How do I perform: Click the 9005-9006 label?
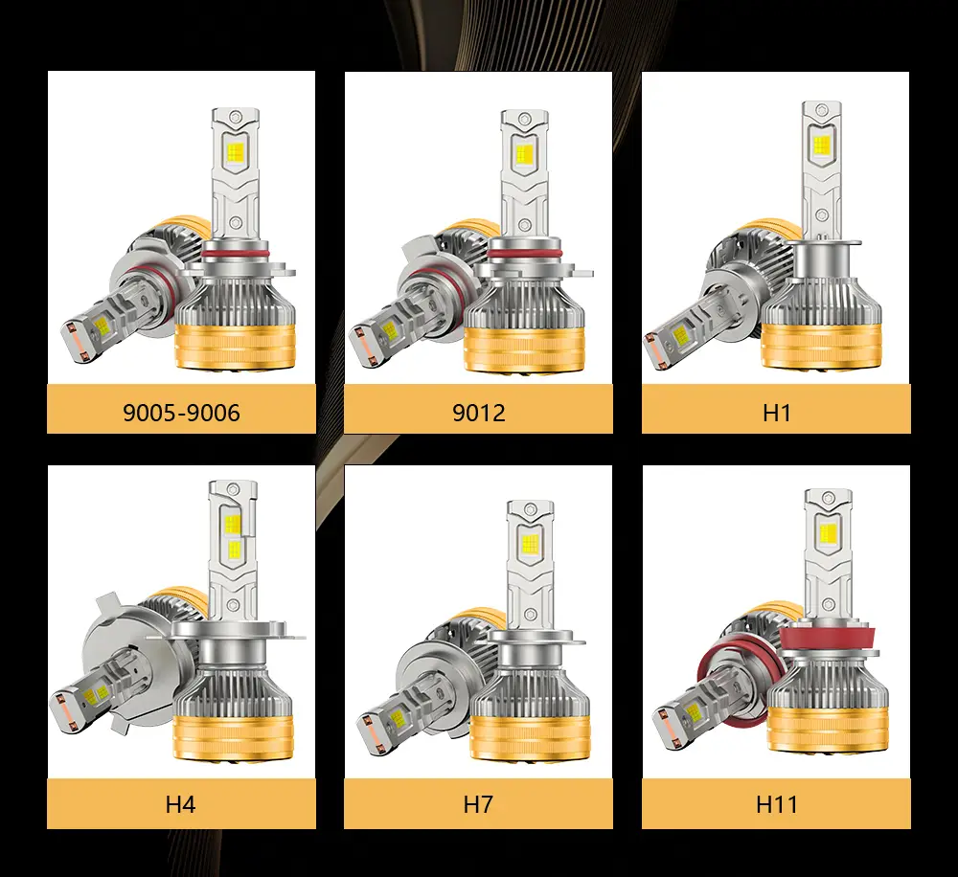[181, 413]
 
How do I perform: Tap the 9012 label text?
[479, 413]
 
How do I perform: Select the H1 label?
[777, 413]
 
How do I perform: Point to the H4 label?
[180, 804]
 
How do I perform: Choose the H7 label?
[478, 804]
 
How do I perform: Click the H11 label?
[777, 804]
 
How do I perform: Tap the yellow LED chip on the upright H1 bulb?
[822, 145]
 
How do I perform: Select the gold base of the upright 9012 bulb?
[524, 349]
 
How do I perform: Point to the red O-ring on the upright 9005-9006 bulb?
[236, 252]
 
